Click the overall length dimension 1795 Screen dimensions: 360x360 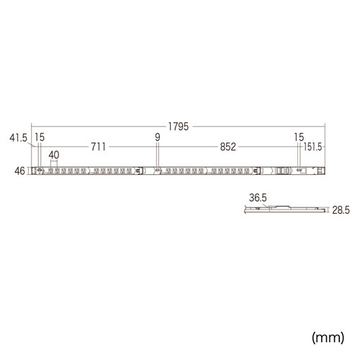click(179, 127)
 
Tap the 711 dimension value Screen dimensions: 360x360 click(99, 147)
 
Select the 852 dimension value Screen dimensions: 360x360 click(228, 147)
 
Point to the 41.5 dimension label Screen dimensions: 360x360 click(19, 138)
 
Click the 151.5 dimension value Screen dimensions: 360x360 click(312, 147)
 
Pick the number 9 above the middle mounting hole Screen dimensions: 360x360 click(158, 138)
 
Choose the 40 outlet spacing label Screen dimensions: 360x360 click(54, 155)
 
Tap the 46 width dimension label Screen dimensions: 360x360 click(19, 171)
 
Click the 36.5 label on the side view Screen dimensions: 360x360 click(258, 198)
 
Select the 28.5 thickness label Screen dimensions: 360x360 click(341, 210)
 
